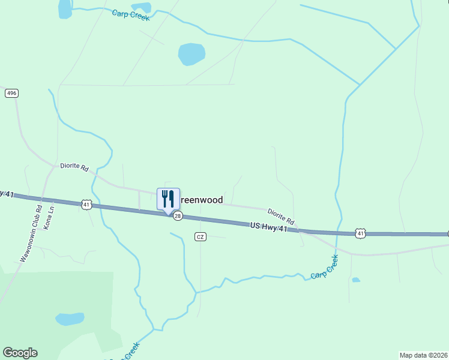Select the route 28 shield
(178, 216)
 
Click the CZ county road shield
(200, 237)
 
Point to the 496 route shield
(11, 93)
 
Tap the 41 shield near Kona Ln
(87, 205)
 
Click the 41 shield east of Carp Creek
(360, 232)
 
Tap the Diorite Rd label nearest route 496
(74, 167)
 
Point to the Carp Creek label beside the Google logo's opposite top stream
(130, 14)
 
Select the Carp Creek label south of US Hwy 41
(325, 267)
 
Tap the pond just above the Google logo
(70, 319)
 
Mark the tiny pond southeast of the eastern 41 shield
(356, 280)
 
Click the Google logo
(20, 353)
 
